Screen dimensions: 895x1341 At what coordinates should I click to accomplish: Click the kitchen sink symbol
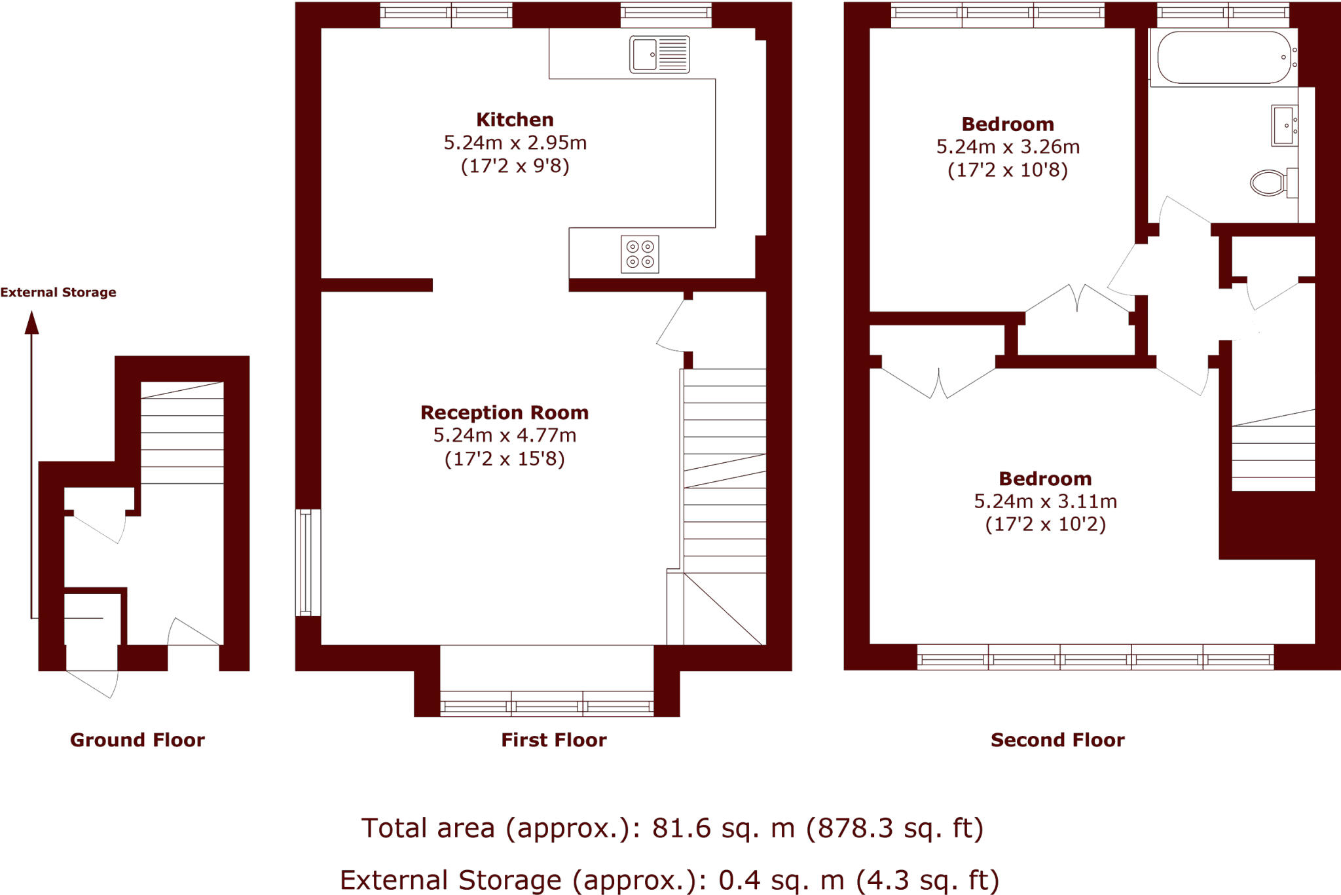[659, 54]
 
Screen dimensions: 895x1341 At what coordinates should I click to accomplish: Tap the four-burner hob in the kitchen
[640, 254]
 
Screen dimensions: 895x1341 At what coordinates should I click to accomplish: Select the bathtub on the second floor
[1224, 58]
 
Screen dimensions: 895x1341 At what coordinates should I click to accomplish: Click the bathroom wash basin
[1284, 125]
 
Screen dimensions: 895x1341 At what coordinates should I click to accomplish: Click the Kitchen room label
[515, 120]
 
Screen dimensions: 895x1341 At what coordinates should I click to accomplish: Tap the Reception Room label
[504, 412]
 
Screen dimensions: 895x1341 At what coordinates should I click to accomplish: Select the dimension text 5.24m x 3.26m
[1008, 147]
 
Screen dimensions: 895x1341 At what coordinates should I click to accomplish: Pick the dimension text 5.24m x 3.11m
[1045, 502]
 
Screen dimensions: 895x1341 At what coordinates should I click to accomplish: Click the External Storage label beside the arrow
[58, 293]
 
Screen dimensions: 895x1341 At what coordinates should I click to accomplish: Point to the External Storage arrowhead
[31, 322]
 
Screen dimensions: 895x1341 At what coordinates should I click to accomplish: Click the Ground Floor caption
[138, 740]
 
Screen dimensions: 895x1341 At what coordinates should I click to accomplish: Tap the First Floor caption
[554, 740]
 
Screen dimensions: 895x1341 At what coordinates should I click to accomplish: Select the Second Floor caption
[1057, 740]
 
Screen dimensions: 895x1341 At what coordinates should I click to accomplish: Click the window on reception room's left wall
[306, 563]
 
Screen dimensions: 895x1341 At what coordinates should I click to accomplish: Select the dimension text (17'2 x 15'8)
[504, 459]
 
